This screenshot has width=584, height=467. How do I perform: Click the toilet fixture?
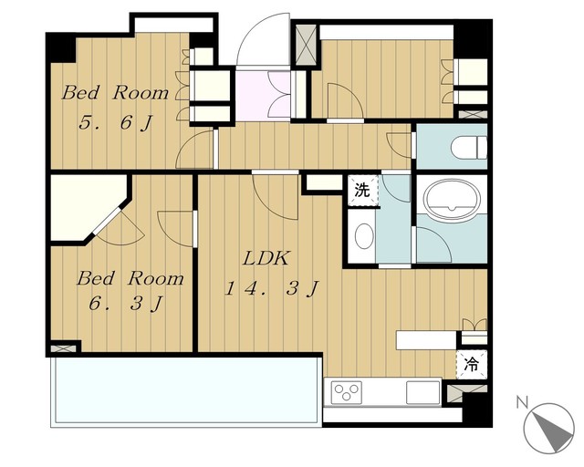[469, 149]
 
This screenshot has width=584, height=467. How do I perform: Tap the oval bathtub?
[453, 200]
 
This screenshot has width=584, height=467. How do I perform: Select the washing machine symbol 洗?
[362, 191]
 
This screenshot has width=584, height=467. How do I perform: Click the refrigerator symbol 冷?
[471, 365]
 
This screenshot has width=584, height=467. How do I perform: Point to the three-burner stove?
[347, 392]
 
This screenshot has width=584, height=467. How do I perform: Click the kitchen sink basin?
[422, 392]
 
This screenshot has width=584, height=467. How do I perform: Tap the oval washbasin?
[364, 236]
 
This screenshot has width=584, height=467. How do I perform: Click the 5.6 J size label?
[116, 122]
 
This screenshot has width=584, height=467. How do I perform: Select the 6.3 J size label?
[126, 304]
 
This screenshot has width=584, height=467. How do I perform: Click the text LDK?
[266, 259]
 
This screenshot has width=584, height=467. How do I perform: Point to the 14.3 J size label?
[271, 288]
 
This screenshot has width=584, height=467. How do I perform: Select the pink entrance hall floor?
[264, 96]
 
